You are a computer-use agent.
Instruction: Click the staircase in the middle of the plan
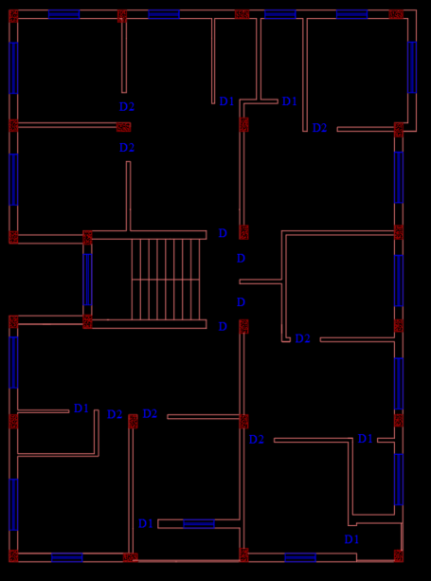(x=166, y=279)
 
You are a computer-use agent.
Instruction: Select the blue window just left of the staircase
(x=87, y=279)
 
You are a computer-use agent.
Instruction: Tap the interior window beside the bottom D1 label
(x=199, y=523)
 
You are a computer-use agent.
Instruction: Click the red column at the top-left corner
(x=13, y=15)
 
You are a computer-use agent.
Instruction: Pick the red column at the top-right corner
(x=396, y=14)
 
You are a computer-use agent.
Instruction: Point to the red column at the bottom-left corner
(x=13, y=555)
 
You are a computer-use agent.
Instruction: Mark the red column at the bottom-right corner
(x=399, y=556)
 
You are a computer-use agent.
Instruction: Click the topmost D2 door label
(x=127, y=107)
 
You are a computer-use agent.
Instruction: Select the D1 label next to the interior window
(x=145, y=523)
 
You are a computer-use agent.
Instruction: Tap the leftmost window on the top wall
(x=64, y=14)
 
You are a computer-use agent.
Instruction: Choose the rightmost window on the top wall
(x=351, y=14)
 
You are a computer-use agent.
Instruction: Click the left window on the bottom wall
(x=66, y=557)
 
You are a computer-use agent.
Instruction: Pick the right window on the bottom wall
(x=300, y=557)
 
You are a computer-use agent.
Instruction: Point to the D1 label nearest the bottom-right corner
(x=351, y=539)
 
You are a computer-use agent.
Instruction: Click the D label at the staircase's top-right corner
(x=223, y=233)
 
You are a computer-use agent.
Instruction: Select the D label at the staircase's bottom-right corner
(x=223, y=327)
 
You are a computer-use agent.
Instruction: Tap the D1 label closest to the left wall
(x=81, y=409)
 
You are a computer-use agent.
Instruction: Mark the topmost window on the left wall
(x=13, y=67)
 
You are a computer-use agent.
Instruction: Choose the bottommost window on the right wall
(x=398, y=480)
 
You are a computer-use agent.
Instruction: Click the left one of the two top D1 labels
(x=226, y=101)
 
